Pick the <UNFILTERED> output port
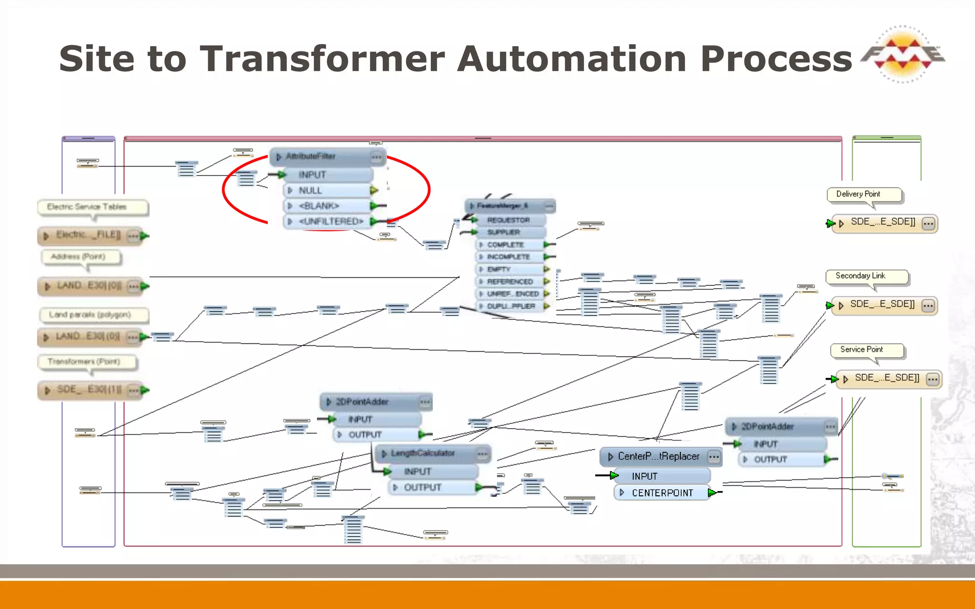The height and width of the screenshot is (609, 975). pos(330,221)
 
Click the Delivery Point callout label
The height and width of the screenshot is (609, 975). pos(858,194)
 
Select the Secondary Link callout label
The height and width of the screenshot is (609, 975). pos(860,276)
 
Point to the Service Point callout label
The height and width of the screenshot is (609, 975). pos(861,349)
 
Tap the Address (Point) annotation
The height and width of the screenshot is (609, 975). pos(78,257)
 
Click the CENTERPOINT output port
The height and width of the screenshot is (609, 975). pos(662,493)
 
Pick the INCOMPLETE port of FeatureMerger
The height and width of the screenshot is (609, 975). pos(508,257)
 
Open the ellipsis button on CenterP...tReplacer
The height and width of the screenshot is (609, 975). pos(714,457)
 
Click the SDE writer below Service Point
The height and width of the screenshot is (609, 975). pos(886,378)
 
